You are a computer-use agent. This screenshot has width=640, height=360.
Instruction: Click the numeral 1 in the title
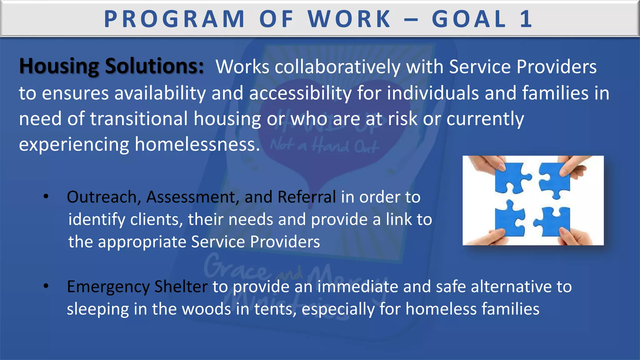coord(526,19)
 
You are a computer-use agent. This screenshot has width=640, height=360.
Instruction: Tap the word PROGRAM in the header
coord(174,19)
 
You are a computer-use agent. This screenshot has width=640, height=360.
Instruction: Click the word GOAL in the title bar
coord(469,19)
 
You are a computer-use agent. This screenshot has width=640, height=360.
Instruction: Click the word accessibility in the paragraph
coord(300,93)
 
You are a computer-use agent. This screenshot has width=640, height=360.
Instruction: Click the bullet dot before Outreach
coord(46,197)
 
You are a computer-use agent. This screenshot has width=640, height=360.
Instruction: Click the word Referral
coord(306,197)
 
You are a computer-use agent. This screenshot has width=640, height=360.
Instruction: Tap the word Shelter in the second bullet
coord(181,287)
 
